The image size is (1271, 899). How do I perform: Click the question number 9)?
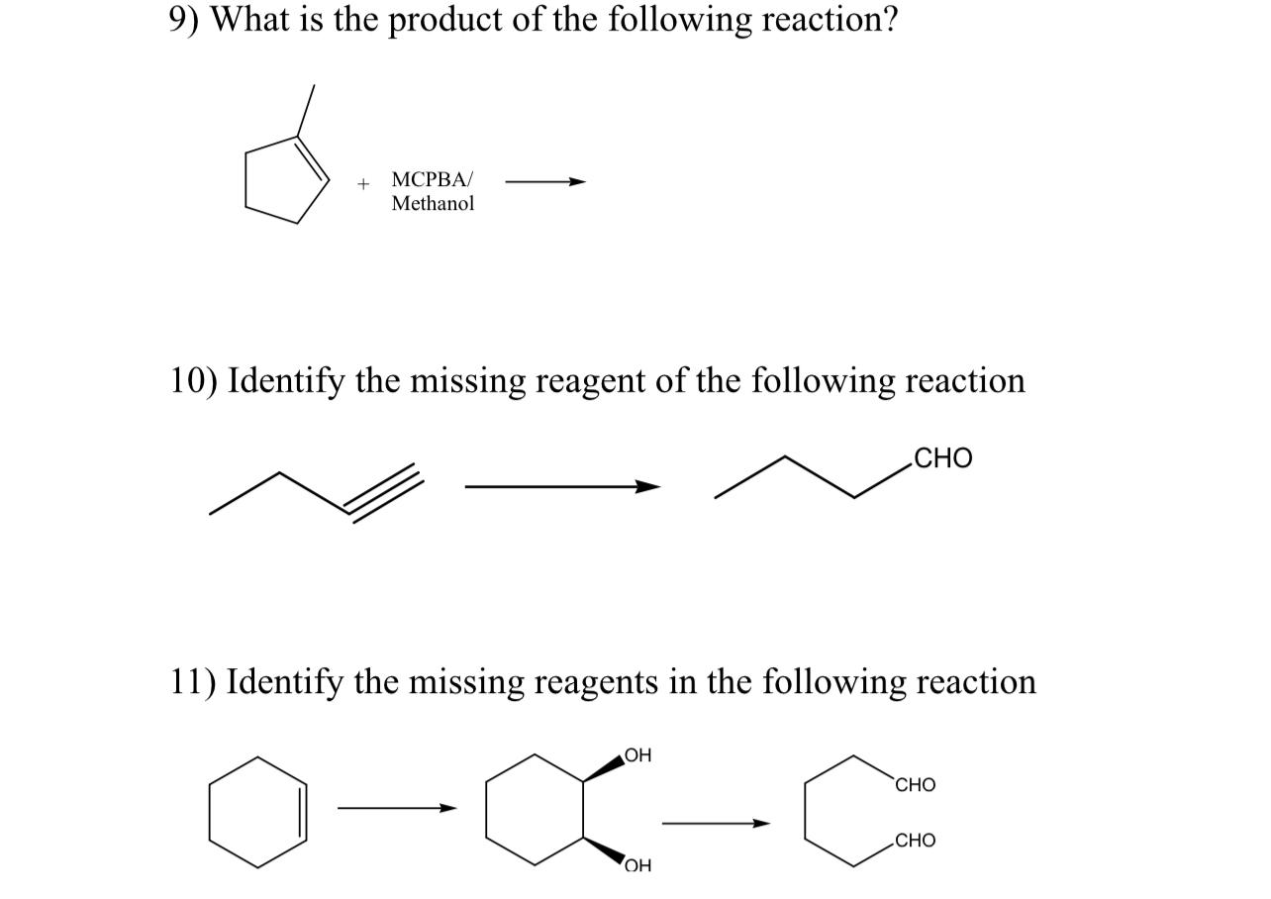[184, 20]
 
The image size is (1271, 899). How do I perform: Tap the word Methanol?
[433, 203]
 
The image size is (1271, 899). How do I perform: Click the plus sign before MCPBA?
[364, 183]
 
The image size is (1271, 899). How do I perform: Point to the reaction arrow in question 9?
[545, 181]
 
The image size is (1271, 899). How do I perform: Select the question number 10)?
[192, 380]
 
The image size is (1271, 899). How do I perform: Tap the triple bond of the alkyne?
[384, 491]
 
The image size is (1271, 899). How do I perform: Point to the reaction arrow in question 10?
[561, 486]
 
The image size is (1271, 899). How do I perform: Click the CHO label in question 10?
[943, 458]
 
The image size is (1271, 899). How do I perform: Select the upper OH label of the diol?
[638, 755]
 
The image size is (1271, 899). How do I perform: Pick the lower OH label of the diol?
[638, 867]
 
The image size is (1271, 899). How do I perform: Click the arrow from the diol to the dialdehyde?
[715, 823]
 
